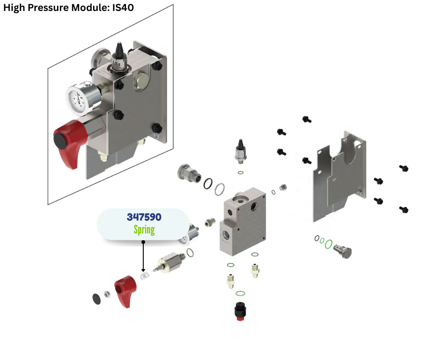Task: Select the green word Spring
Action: pyautogui.click(x=144, y=229)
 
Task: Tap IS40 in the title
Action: pyautogui.click(x=123, y=8)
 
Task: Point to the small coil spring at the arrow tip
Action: pyautogui.click(x=145, y=276)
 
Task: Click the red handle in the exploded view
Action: pyautogui.click(x=126, y=291)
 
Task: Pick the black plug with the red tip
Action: pyautogui.click(x=239, y=311)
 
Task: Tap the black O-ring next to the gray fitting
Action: pyautogui.click(x=208, y=183)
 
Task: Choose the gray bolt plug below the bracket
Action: pyautogui.click(x=343, y=249)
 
